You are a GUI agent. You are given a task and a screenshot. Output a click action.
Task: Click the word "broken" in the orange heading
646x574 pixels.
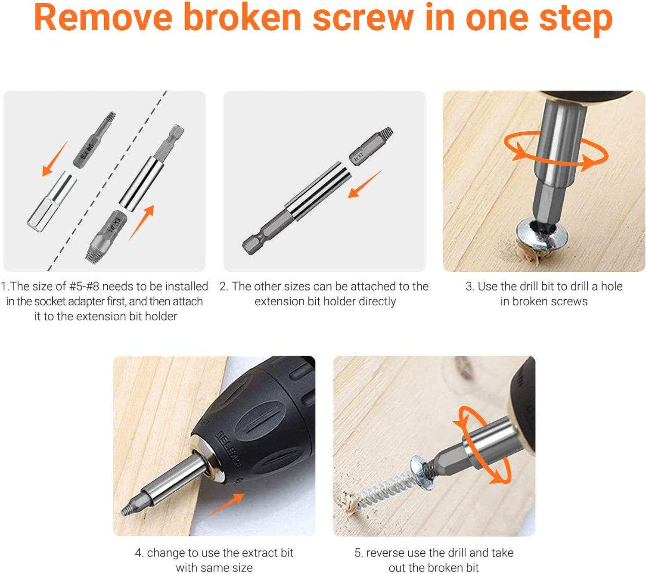242,18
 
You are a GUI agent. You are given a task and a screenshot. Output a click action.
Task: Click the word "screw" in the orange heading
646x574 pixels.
363,20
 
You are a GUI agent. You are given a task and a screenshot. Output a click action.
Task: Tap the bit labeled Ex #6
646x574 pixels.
94,140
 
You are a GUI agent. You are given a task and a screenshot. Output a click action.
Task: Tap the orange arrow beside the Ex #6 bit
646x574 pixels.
55,158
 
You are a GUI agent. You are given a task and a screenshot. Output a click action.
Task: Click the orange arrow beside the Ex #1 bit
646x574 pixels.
142,223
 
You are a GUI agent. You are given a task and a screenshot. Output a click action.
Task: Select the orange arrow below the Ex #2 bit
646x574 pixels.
364,184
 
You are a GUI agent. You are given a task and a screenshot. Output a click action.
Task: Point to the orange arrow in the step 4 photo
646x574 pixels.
226,505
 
